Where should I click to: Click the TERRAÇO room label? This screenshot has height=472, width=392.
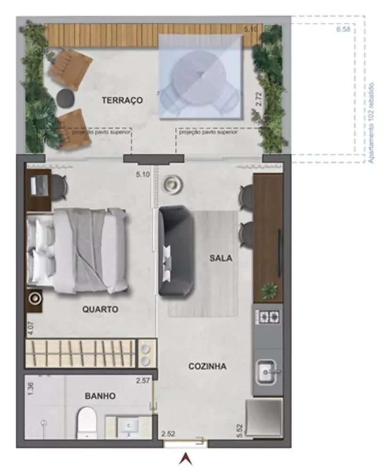pos(122,100)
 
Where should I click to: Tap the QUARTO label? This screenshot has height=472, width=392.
pos(100,310)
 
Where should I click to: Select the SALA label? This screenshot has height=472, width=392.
pos(221,258)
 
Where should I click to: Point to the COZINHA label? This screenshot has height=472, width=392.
pos(207,366)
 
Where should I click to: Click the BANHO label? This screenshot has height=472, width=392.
pos(100,396)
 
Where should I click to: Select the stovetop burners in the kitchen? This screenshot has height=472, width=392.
pos(268,316)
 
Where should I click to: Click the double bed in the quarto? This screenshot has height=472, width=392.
pos(78,250)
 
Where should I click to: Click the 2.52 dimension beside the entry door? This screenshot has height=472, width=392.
pos(168,433)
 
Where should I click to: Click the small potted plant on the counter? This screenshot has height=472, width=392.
pos(269,290)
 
